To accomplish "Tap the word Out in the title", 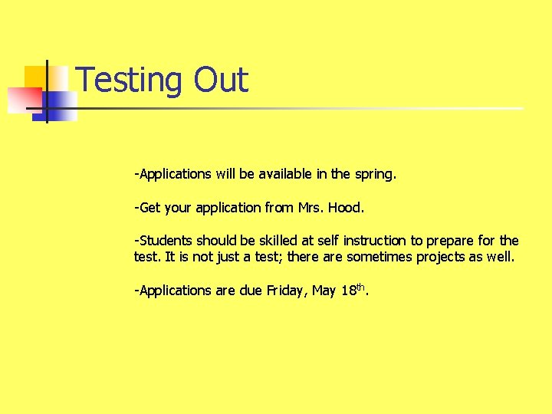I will (222, 80).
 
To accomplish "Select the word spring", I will (375, 174).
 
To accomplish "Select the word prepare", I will (445, 242).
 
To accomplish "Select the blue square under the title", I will (58, 106).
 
